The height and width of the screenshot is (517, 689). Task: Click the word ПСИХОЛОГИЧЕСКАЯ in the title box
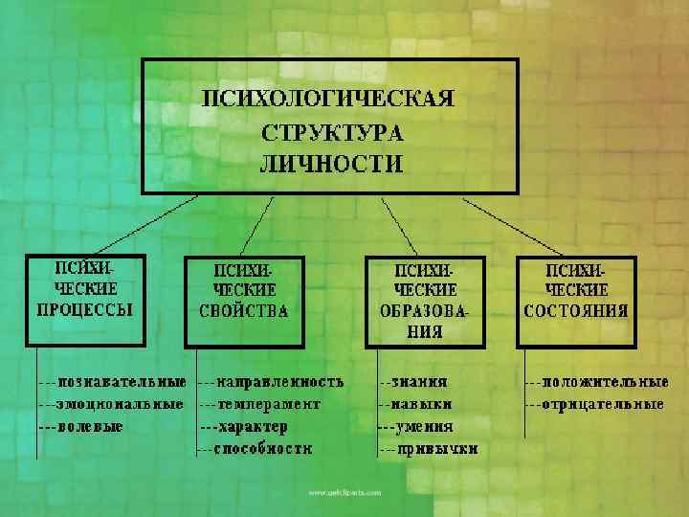pyautogui.click(x=328, y=98)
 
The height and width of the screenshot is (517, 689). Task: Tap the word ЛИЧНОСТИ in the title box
pyautogui.click(x=331, y=164)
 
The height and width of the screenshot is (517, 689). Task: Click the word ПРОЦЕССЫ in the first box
pyautogui.click(x=85, y=309)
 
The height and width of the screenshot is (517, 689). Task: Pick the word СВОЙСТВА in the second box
pyautogui.click(x=244, y=310)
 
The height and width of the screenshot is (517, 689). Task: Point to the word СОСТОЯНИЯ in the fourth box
pyautogui.click(x=576, y=310)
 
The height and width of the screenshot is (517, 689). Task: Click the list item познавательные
pyautogui.click(x=122, y=381)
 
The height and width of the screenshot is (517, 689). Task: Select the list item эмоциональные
pyautogui.click(x=120, y=404)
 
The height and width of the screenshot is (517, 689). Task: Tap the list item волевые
pyautogui.click(x=90, y=426)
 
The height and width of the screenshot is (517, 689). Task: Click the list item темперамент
pyautogui.click(x=268, y=404)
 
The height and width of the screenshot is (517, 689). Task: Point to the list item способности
pyautogui.click(x=264, y=448)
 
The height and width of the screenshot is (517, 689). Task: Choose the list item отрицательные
pyautogui.click(x=603, y=404)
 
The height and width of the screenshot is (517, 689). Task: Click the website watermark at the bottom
pyautogui.click(x=344, y=492)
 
